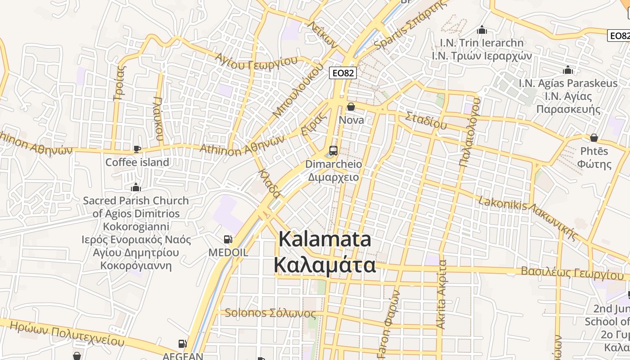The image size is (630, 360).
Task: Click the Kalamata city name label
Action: tap(325, 252)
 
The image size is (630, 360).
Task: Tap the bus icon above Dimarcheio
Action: tap(333, 150)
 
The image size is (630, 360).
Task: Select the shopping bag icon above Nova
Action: tap(351, 107)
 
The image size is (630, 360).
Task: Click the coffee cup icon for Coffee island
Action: tap(137, 148)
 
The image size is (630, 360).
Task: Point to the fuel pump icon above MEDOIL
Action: tap(228, 239)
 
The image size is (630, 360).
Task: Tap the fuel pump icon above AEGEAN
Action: tap(183, 344)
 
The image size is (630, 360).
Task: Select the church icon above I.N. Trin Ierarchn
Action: tap(482, 30)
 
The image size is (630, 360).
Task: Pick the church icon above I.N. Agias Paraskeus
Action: tap(568, 70)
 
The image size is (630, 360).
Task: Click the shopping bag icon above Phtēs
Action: tap(594, 138)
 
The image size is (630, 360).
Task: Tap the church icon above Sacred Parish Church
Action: tap(135, 187)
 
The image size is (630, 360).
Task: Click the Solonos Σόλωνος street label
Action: tap(270, 313)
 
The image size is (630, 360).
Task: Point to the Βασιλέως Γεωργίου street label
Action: tap(572, 273)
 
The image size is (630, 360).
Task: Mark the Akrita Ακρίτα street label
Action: tap(442, 293)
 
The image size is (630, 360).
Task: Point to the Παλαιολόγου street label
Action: tap(469, 132)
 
